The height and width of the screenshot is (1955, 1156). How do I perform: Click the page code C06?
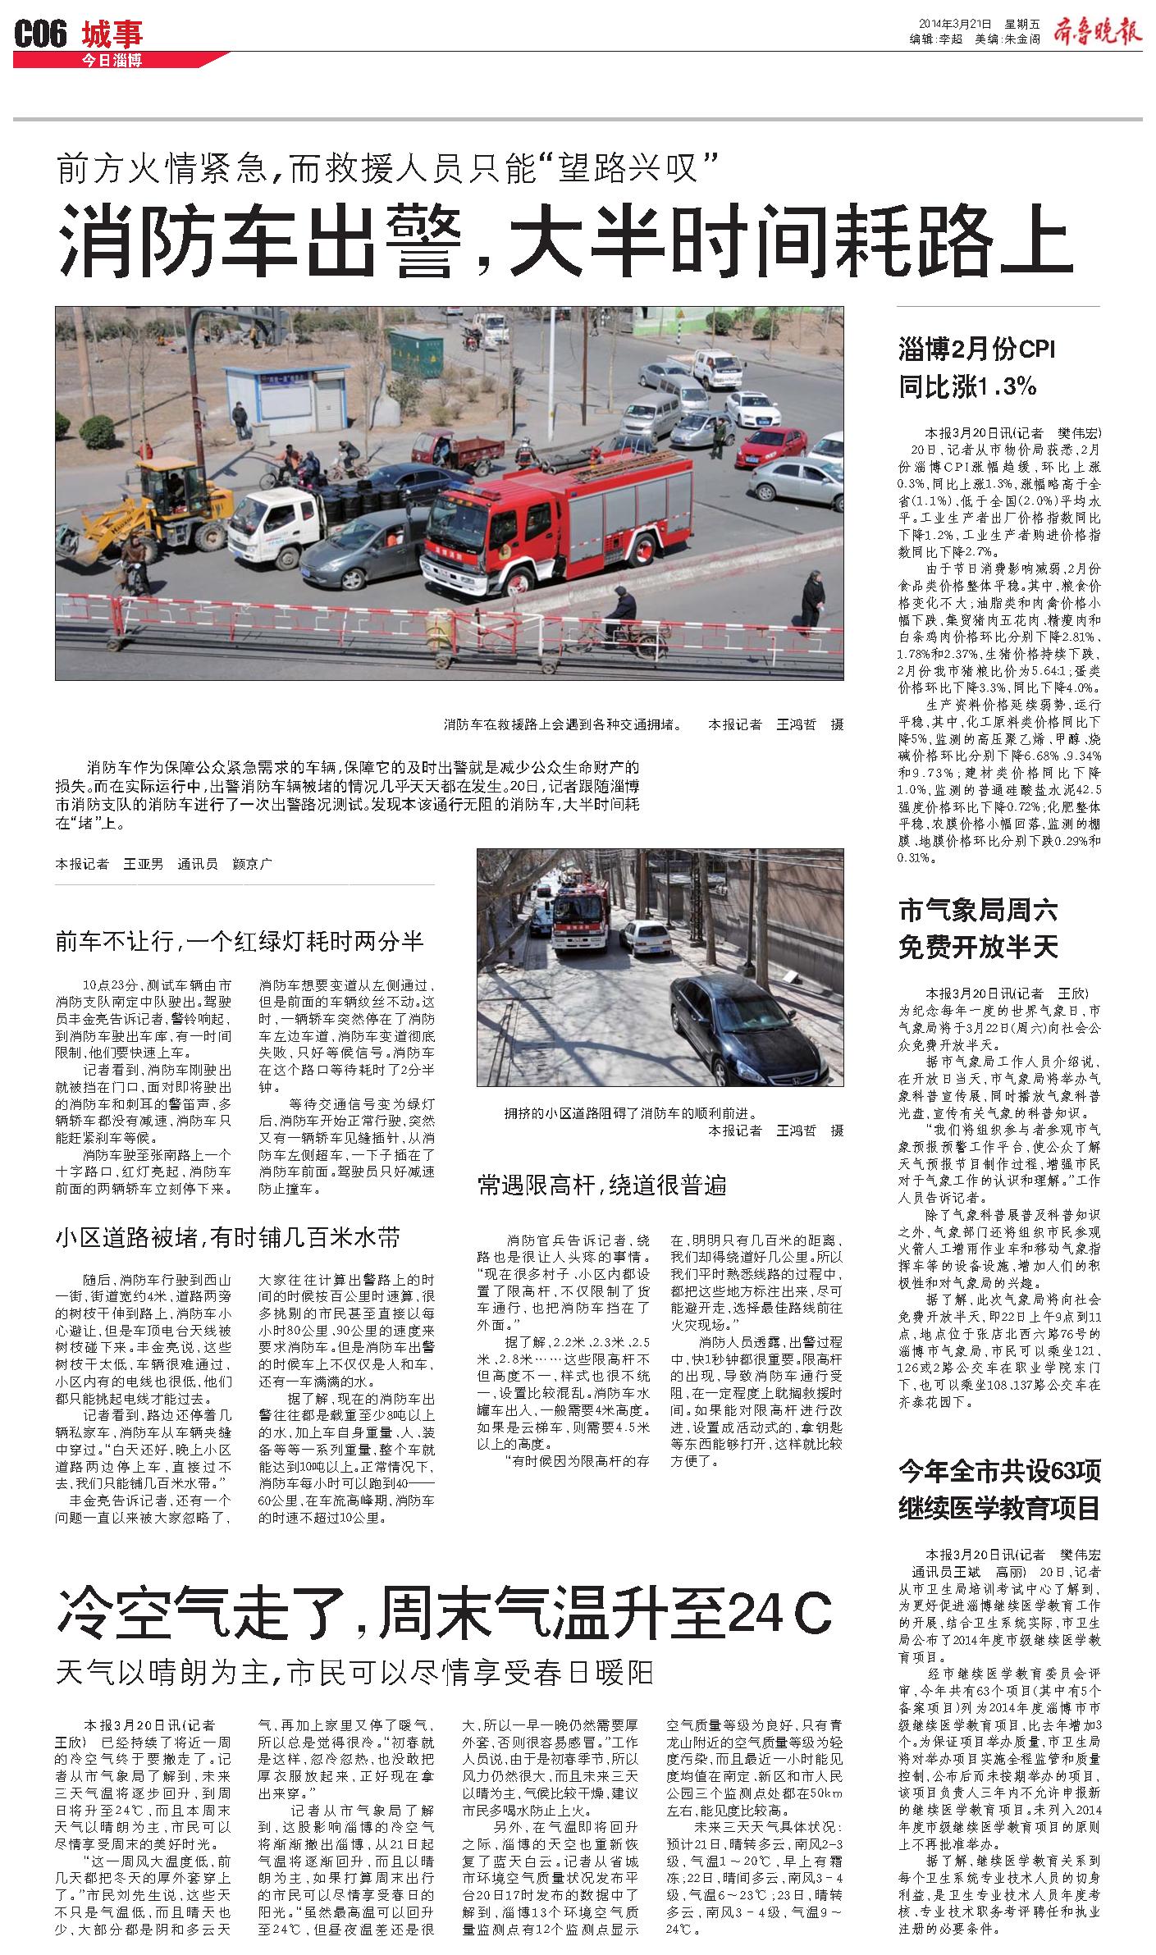40,34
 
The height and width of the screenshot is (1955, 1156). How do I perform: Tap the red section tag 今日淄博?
112,61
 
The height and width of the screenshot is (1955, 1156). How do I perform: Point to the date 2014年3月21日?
953,25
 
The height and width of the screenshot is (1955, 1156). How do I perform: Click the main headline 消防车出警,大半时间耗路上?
564,240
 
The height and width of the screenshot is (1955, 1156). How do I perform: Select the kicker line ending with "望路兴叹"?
388,170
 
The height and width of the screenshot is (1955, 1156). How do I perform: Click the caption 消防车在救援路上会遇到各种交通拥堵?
563,724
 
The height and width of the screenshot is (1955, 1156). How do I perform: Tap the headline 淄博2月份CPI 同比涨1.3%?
976,367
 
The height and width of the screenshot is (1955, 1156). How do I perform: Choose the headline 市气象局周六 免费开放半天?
978,929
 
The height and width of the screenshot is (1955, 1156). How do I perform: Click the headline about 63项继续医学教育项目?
998,1487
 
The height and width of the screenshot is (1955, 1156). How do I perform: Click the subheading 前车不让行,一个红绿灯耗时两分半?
240,941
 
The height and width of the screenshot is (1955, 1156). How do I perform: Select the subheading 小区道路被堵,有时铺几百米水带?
228,1237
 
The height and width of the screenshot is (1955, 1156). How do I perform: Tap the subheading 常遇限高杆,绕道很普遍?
602,1185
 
